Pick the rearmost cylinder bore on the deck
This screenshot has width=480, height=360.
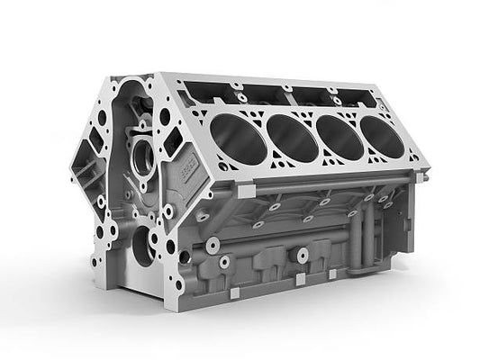384,135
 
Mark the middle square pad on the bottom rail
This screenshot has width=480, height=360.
301,280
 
